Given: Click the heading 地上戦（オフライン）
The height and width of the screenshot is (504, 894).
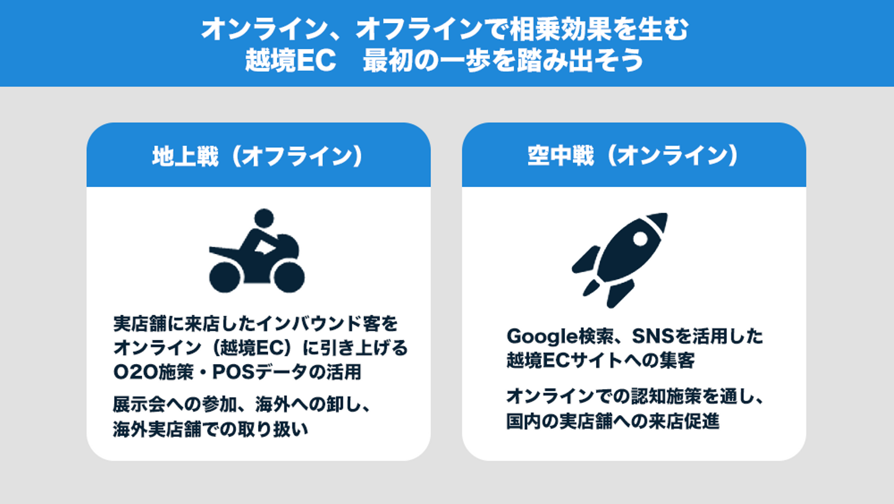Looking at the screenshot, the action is [258, 157].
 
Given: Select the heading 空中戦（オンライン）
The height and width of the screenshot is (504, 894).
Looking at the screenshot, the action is [633, 157].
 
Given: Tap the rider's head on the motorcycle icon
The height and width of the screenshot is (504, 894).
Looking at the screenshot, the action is [264, 218].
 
